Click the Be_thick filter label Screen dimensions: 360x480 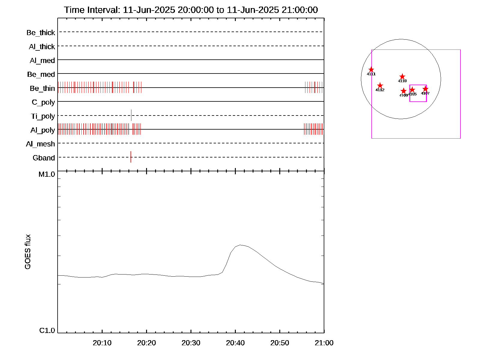(x=41, y=32)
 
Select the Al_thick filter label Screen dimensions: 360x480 (x=42, y=46)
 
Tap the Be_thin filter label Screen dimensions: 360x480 (x=42, y=88)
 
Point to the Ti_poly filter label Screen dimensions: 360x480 (x=43, y=116)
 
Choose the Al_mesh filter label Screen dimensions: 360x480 (x=40, y=144)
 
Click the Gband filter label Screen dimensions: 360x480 (x=44, y=158)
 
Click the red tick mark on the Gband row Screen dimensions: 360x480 (x=131, y=157)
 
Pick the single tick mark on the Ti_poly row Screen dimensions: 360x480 (x=131, y=115)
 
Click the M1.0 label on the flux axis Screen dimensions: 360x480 (x=47, y=174)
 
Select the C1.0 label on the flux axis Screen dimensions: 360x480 (x=47, y=331)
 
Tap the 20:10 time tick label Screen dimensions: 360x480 (x=102, y=343)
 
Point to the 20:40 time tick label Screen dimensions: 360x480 (x=235, y=343)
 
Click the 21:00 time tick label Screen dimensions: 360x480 (x=324, y=343)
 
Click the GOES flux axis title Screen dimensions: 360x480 (x=28, y=252)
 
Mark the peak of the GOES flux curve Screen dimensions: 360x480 (x=240, y=245)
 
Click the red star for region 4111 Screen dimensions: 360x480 (x=371, y=70)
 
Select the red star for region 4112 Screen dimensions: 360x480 (x=380, y=86)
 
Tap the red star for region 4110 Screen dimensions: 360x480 (x=402, y=77)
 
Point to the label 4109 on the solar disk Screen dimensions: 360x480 (x=403, y=95)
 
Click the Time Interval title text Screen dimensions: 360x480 (x=191, y=10)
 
